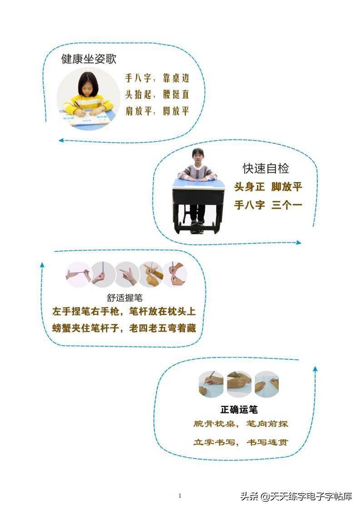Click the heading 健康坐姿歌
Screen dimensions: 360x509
[89, 59]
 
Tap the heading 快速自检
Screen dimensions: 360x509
[266, 168]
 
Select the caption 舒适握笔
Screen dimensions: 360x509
[125, 298]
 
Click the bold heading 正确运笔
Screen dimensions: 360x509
[239, 410]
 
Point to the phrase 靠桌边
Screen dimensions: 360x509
[176, 78]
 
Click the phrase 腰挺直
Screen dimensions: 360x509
[176, 94]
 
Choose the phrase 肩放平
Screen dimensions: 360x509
[139, 111]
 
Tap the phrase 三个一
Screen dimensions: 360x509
[287, 205]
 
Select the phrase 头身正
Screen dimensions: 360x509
[250, 186]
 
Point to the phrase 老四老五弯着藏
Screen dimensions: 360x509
[163, 328]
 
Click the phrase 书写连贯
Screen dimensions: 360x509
[267, 442]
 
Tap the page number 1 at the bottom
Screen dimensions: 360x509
[180, 496]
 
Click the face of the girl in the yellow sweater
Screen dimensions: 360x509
[88, 86]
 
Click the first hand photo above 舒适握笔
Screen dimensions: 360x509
[78, 274]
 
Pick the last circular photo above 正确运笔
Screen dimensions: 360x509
[267, 384]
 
